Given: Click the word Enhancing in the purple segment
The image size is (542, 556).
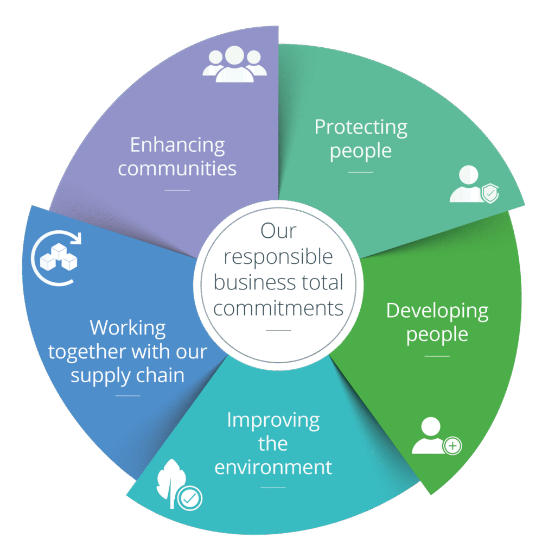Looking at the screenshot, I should pos(177,146).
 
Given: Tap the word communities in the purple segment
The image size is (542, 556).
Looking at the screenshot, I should pos(177,168).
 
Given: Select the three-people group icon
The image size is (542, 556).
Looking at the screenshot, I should pos(234,64).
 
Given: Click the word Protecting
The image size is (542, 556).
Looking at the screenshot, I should pos(361,127).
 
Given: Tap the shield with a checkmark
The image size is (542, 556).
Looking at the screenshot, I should pos(490,193).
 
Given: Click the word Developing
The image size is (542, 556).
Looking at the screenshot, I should pos(437,311).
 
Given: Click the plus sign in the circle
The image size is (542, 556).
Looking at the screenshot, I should pos(452,446).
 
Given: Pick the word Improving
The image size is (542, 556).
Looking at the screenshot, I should pos(273,420).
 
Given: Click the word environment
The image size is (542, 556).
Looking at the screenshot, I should pos(273,467).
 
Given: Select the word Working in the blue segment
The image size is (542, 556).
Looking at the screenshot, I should pos(127,328).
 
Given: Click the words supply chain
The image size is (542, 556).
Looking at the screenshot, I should pos(127,375).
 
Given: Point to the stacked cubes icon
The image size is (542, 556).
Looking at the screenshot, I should pos(59,257).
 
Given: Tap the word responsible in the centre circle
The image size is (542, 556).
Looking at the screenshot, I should pos(278,257).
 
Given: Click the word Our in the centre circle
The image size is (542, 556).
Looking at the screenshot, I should pos(278,231).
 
